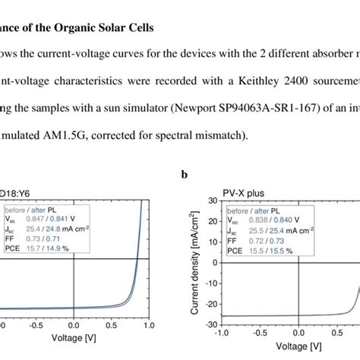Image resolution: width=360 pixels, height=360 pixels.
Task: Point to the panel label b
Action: coord(184,175)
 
